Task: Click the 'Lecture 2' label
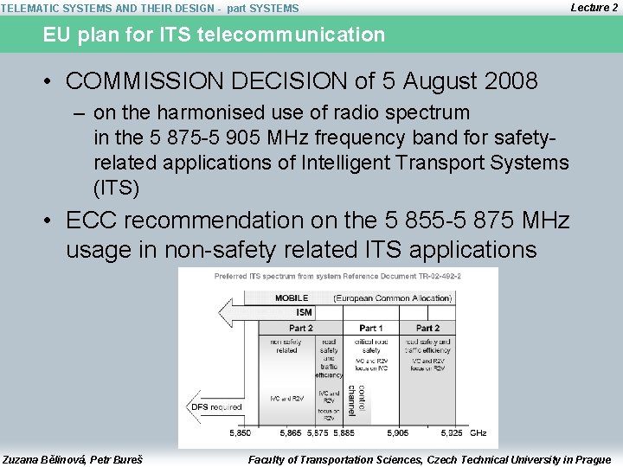594,7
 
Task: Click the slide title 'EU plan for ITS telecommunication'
215,35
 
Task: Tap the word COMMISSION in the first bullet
155,81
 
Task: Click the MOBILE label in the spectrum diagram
292,298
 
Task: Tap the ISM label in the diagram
304,312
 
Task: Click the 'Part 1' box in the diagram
371,328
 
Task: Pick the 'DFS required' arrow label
215,406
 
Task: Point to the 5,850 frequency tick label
240,432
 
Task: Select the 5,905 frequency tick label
398,432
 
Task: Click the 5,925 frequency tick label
451,432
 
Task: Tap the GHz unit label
478,432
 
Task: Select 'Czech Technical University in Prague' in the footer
511,459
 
